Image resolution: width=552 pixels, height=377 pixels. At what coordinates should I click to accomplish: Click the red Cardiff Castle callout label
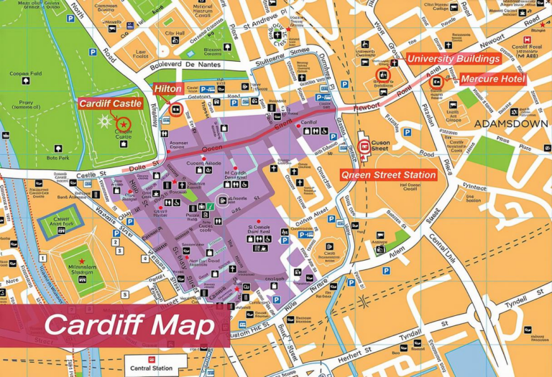click(x=110, y=104)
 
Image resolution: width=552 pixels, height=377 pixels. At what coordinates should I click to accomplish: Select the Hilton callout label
click(x=167, y=89)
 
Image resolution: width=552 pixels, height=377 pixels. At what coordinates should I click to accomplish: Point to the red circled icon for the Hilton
click(x=175, y=109)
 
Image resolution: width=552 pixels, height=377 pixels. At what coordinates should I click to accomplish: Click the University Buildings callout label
click(x=453, y=59)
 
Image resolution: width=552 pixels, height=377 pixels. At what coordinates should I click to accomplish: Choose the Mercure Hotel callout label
click(x=493, y=79)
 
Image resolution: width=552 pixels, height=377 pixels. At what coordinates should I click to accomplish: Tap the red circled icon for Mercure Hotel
click(x=436, y=82)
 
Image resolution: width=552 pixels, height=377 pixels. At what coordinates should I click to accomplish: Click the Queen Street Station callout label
click(x=388, y=174)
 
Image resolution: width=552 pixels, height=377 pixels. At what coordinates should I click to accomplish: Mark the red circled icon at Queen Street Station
click(x=364, y=148)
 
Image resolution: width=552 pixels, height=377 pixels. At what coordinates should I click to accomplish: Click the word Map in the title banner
click(x=181, y=325)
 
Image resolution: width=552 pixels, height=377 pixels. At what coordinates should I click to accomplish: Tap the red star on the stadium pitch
click(x=82, y=261)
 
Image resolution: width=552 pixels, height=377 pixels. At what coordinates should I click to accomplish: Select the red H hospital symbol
click(x=542, y=25)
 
